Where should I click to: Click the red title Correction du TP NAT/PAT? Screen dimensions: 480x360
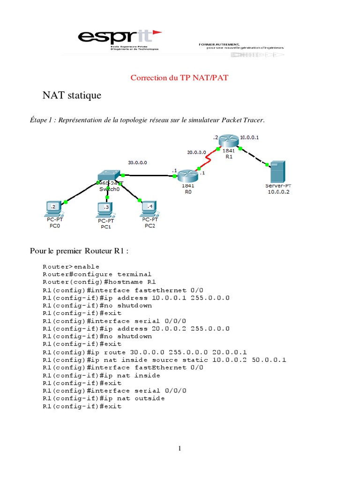coord(180,78)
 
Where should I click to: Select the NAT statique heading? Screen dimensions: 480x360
coord(72,96)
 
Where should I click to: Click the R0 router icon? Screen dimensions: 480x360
coord(187,176)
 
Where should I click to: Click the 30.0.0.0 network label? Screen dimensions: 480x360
coord(137,162)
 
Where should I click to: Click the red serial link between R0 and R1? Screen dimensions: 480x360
coord(209,159)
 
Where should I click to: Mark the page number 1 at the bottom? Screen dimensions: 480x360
coord(180,449)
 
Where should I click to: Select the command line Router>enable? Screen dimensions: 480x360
coord(71,267)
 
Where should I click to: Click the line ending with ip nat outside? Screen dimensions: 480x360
coord(104,398)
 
